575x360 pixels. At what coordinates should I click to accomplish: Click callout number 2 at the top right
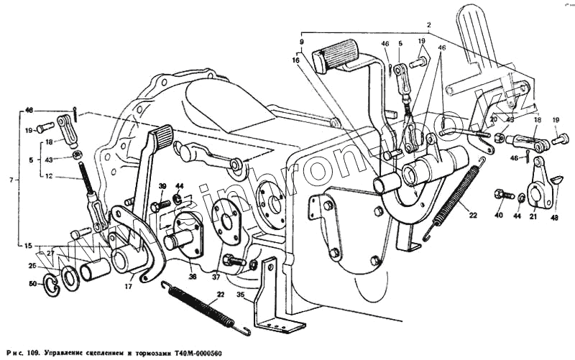pyautogui.click(x=428, y=25)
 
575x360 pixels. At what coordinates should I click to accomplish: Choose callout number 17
pyautogui.click(x=127, y=287)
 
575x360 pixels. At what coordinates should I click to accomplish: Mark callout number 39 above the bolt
pyautogui.click(x=162, y=186)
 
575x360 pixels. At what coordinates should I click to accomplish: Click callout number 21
pyautogui.click(x=533, y=216)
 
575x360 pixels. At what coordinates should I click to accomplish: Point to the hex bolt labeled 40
pyautogui.click(x=501, y=194)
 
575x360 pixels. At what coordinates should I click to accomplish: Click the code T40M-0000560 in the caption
pyautogui.click(x=206, y=353)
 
